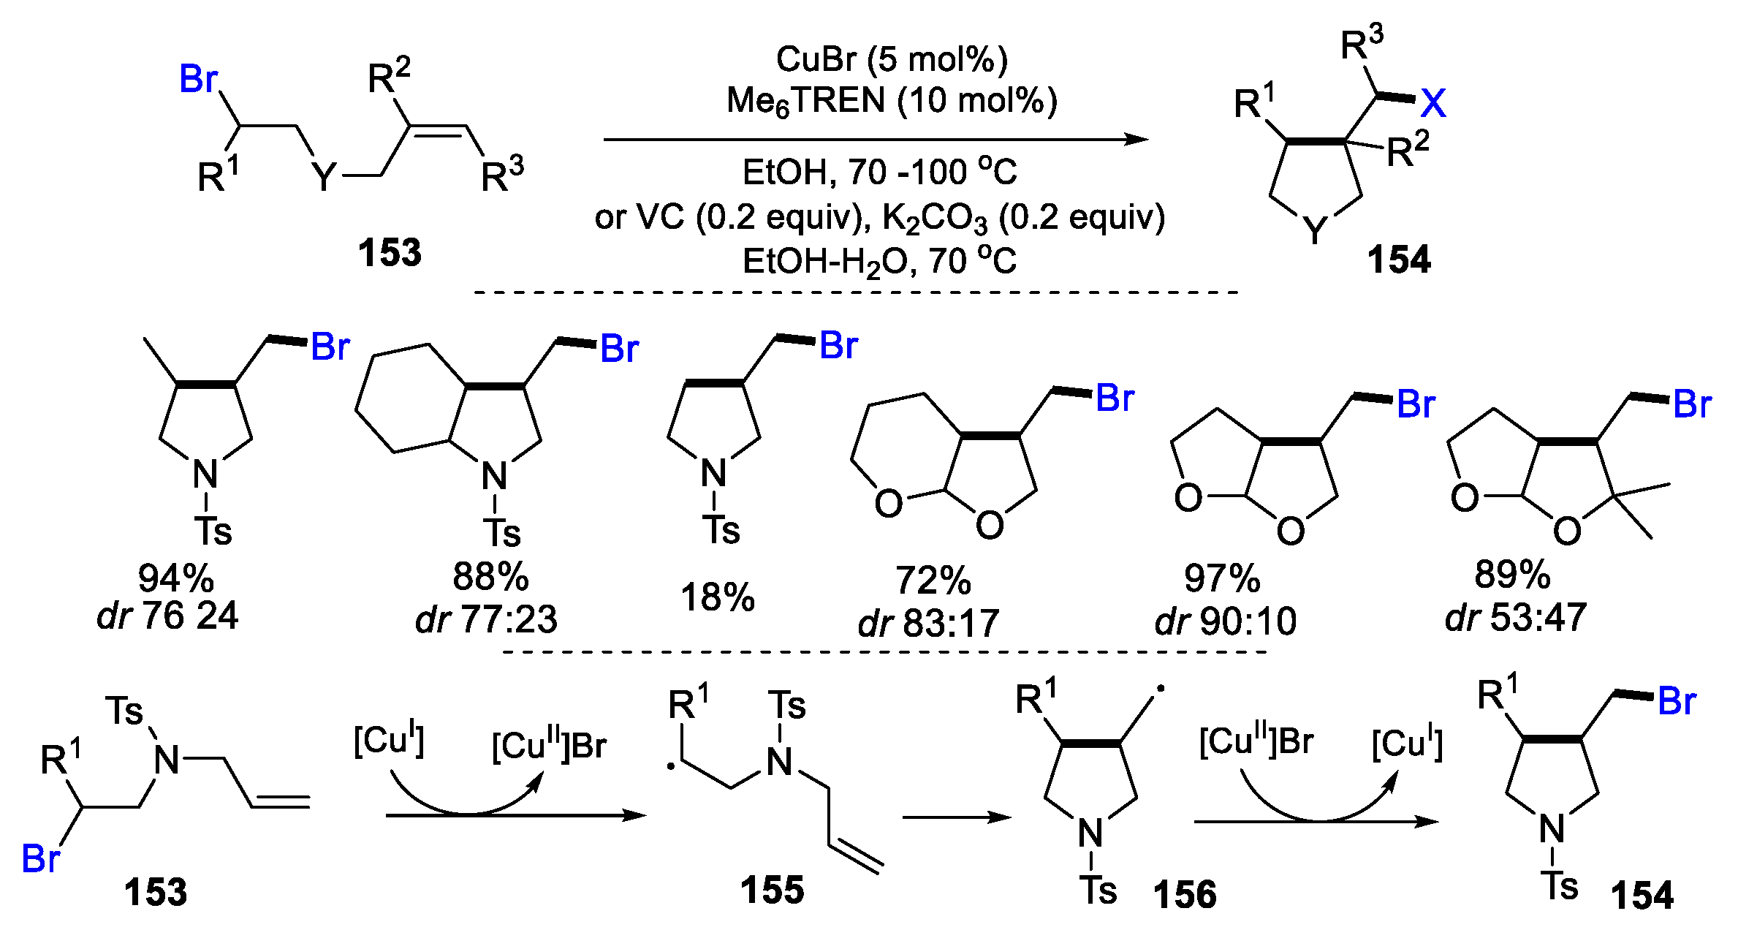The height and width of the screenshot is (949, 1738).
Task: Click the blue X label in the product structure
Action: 1433,103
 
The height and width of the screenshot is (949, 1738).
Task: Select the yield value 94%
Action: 175,578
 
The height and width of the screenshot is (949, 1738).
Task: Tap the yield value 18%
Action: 717,597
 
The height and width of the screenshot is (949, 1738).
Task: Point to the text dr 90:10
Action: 1226,621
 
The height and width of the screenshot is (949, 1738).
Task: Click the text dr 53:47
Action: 1516,618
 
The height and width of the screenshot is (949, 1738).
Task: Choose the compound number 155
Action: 772,890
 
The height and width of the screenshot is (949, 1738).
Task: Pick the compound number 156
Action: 1185,894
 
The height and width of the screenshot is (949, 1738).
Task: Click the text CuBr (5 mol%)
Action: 892,59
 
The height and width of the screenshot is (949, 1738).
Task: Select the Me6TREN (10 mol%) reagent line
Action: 892,101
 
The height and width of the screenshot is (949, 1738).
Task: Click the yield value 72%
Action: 933,581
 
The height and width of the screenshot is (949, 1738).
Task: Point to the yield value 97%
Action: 1222,578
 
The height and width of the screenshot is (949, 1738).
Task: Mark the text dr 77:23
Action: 486,619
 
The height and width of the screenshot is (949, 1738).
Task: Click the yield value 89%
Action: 1512,575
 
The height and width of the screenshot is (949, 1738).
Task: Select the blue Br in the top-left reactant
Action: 198,78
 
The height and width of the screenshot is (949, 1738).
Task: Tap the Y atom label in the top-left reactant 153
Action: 324,176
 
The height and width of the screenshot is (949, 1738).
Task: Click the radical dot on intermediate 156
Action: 1160,689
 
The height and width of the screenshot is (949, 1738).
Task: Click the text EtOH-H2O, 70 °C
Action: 879,262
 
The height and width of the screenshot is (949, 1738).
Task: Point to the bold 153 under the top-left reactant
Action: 390,253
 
